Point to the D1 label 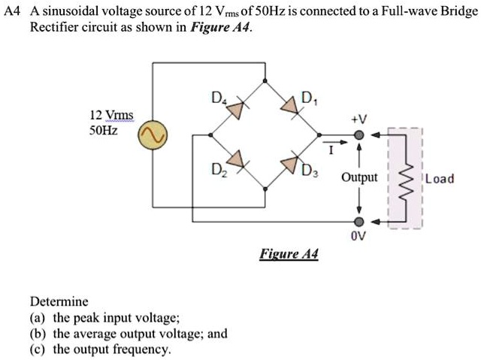coord(307,96)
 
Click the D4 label coord(218,97)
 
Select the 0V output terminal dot coord(359,222)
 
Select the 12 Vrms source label coord(111,115)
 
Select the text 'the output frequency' coord(112,349)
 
